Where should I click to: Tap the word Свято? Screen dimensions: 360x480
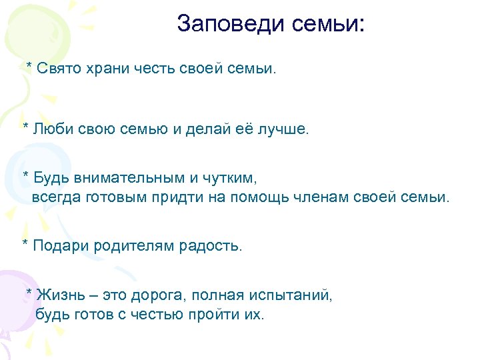58,68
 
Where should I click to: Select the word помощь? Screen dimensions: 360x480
275,198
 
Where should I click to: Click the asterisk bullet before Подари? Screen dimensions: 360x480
25,244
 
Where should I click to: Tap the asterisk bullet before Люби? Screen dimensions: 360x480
26,125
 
